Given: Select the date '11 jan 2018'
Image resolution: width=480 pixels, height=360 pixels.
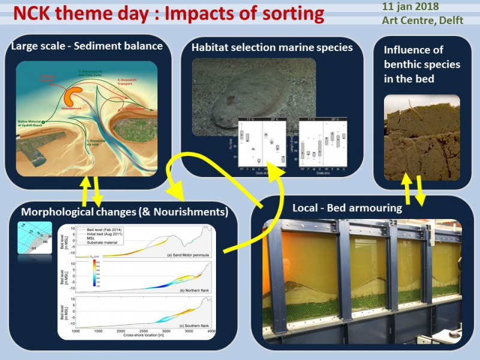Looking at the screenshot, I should [410, 7].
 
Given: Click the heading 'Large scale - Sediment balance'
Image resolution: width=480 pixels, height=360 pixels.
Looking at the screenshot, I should [86, 46].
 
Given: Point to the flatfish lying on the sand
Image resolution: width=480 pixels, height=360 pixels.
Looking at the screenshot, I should [237, 102].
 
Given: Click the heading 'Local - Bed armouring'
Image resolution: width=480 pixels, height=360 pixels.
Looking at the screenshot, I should [343, 208].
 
